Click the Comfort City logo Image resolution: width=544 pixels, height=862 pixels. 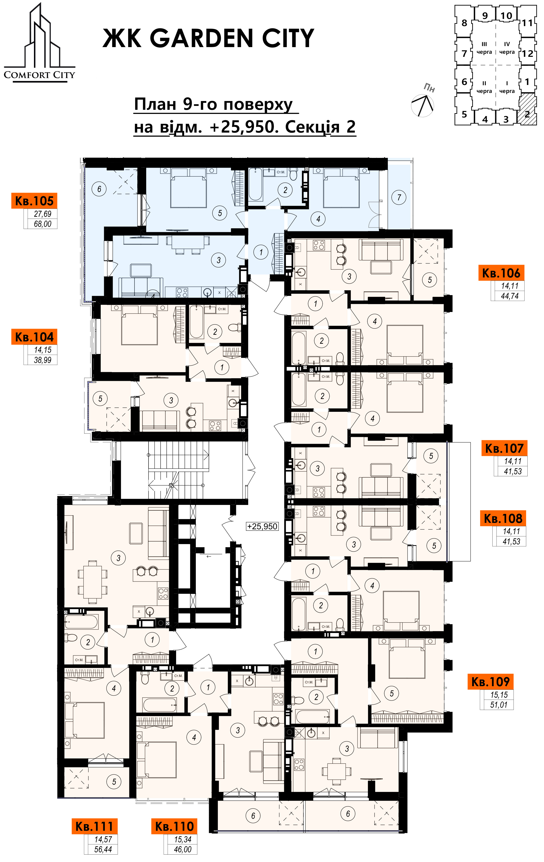[x=39, y=43]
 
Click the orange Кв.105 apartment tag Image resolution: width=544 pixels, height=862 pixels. [x=34, y=201]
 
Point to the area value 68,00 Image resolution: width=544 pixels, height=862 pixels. [x=42, y=224]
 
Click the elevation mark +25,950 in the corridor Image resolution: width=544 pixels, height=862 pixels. [x=262, y=526]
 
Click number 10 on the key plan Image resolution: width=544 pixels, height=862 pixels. [x=506, y=16]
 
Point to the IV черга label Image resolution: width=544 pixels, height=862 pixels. [x=507, y=48]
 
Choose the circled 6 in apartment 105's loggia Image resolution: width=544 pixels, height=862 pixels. [x=99, y=189]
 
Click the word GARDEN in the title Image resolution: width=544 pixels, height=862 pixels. [x=202, y=38]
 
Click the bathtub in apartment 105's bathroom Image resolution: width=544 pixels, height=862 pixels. [x=255, y=184]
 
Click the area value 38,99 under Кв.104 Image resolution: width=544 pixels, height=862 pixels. [x=42, y=360]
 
